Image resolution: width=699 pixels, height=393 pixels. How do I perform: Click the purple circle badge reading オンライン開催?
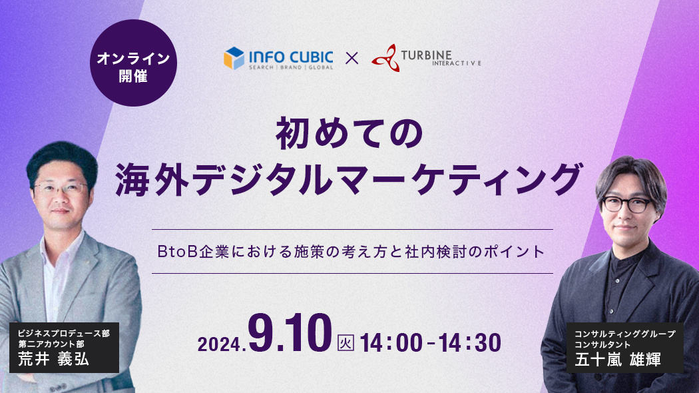point(133,63)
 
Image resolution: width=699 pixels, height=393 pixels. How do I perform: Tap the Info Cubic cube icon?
point(234,59)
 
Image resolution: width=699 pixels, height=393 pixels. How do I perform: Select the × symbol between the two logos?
point(351,59)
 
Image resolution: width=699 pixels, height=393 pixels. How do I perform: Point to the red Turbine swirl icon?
point(385,58)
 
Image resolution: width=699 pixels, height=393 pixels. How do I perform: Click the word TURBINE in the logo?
point(426,55)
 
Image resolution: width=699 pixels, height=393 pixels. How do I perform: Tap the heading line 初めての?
point(349,133)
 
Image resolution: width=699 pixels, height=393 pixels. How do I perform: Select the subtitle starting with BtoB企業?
point(351,252)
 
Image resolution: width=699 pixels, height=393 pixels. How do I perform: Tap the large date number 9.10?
point(290,334)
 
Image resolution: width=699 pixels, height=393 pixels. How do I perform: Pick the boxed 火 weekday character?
point(346,342)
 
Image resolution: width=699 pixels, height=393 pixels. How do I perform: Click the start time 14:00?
point(391,343)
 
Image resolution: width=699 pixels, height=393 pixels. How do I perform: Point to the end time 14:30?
point(470,343)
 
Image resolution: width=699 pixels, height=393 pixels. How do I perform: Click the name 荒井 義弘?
point(53,358)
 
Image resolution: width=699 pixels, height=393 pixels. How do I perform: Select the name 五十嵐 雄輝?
point(618,359)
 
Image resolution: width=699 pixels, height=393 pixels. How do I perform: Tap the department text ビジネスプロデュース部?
point(64,333)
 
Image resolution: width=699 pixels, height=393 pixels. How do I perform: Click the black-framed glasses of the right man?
point(626,204)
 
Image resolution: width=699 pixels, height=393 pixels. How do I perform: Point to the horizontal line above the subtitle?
point(352,229)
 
